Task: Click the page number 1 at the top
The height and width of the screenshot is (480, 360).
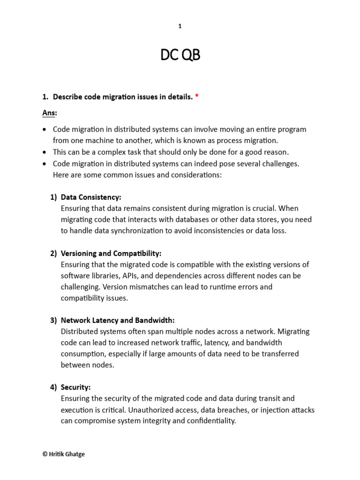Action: [x=180, y=26]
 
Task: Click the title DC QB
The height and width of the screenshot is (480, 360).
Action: [x=180, y=56]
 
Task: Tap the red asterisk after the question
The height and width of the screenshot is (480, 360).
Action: [x=196, y=97]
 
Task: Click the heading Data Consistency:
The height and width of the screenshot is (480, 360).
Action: [x=91, y=197]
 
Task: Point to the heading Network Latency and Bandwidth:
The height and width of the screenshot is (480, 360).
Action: [x=118, y=320]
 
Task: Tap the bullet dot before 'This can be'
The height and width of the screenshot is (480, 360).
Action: [x=45, y=152]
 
